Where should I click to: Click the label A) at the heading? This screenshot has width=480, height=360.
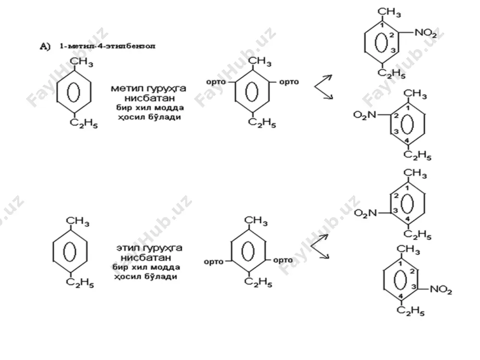45,47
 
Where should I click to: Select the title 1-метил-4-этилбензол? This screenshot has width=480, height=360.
108,46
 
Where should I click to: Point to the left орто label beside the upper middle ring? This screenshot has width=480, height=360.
216,82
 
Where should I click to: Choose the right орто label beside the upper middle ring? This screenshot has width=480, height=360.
289,82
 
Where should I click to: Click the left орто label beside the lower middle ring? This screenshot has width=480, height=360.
214,262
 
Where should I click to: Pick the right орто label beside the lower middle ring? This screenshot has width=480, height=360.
283,260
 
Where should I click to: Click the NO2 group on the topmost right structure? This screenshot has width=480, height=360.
426,33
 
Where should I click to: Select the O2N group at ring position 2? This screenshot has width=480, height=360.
365,115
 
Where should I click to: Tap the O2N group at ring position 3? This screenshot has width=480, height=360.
365,213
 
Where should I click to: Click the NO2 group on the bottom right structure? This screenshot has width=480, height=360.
441,289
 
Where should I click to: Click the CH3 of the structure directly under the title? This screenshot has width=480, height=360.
82,62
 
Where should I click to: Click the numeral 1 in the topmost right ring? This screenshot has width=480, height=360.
382,25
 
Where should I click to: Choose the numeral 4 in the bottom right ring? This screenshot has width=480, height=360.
400,296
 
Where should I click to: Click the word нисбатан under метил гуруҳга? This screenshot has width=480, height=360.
150,98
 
